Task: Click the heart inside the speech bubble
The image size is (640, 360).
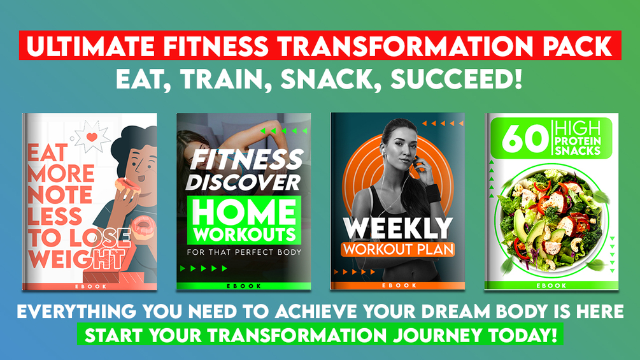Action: pyautogui.click(x=92, y=136)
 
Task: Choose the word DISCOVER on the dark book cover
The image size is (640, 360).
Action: pyautogui.click(x=244, y=182)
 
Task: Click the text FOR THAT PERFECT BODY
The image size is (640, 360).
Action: pyautogui.click(x=244, y=252)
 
